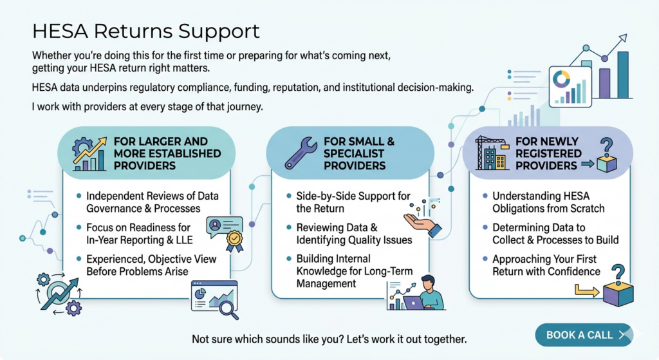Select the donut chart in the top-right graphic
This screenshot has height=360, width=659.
tap(562, 80)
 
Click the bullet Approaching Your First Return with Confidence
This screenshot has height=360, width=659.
tap(546, 265)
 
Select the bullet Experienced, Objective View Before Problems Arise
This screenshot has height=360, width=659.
tap(151, 265)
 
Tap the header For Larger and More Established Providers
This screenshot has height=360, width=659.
tap(166, 153)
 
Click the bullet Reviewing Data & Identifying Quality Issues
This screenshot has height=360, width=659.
tap(354, 234)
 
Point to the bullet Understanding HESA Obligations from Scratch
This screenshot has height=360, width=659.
tap(548, 202)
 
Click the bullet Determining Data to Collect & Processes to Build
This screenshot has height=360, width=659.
tap(555, 234)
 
